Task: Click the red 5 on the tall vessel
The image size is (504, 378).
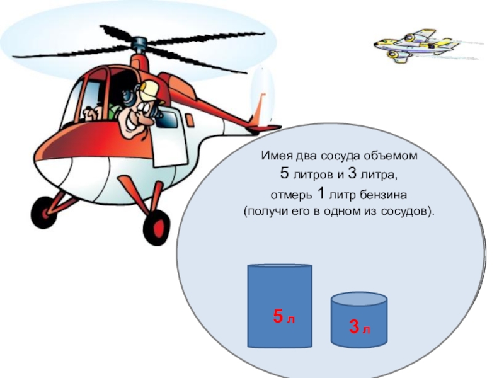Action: [278, 316]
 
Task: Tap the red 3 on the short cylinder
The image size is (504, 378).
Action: [354, 326]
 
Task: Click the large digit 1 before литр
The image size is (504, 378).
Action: [321, 193]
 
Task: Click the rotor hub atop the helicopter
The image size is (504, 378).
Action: [140, 44]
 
